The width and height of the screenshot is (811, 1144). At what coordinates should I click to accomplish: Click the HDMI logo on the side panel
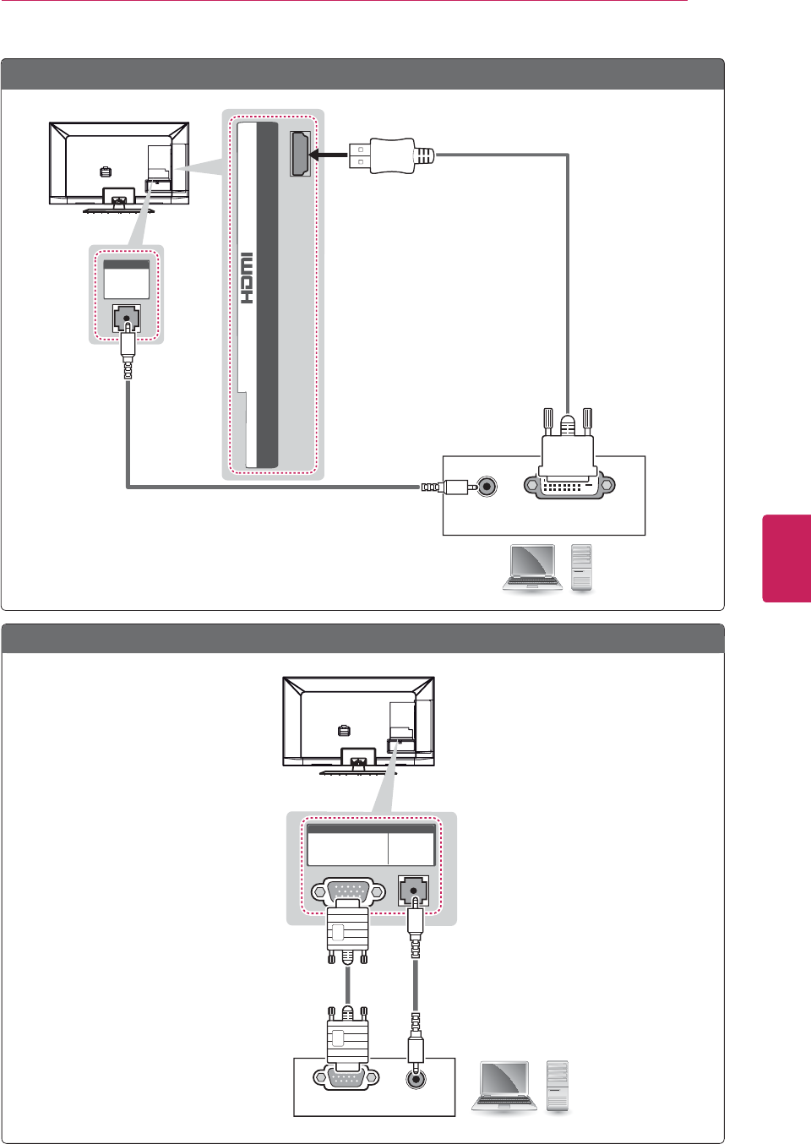247,278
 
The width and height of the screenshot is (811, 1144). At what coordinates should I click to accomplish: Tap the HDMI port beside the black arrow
300,155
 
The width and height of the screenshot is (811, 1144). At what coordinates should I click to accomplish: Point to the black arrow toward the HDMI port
329,155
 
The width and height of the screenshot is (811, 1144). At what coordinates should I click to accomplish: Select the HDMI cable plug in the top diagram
385,155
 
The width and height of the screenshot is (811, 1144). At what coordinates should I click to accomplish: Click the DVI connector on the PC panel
569,487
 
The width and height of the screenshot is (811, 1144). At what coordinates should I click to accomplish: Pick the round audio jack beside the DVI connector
487,487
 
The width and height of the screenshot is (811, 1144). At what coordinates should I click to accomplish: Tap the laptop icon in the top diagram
531,568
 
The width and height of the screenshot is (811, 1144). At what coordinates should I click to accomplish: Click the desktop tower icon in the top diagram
582,568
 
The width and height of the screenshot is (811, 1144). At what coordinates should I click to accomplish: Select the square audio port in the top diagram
127,319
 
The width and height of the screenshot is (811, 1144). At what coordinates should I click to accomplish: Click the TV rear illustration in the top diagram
119,165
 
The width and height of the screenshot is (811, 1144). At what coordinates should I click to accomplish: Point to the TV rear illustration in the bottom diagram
358,723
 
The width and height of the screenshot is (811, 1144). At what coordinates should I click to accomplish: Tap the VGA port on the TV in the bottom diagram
348,891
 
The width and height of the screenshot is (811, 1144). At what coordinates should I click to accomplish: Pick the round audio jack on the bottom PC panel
416,1079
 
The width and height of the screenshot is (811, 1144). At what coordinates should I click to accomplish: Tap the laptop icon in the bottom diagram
505,1087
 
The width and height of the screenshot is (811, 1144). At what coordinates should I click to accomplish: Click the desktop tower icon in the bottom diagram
558,1086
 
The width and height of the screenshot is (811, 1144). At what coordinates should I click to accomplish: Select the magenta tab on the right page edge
787,558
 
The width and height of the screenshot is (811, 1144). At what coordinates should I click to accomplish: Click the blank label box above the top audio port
126,280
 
